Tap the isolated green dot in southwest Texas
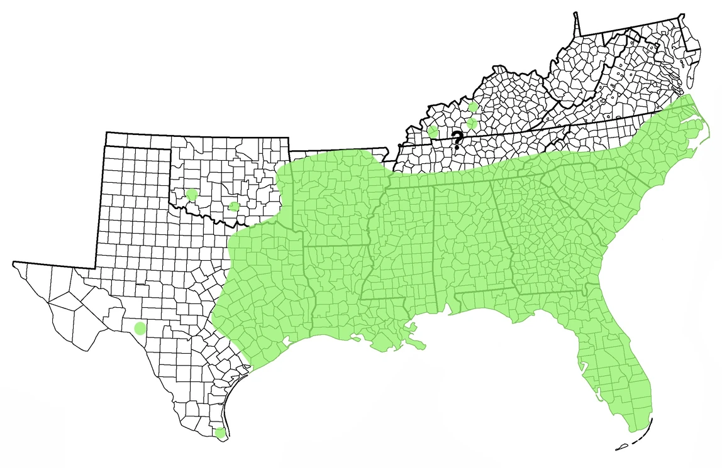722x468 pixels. (x=140, y=328)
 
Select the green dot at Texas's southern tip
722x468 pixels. (x=219, y=432)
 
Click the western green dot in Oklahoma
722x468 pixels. (x=192, y=195)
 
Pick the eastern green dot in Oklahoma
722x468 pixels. (x=234, y=207)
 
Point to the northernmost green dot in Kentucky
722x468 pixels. (x=473, y=107)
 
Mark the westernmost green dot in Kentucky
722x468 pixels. (x=433, y=131)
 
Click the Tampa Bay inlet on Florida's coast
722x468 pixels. (x=580, y=363)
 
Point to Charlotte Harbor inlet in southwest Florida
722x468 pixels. (x=597, y=395)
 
